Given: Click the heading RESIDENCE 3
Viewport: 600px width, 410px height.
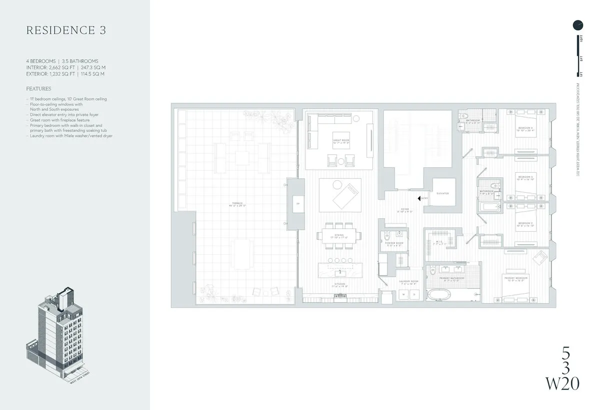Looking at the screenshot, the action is [66, 30].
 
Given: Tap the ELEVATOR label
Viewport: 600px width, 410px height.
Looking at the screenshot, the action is [442, 193].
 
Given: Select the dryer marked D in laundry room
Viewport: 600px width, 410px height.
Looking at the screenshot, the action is [414, 295].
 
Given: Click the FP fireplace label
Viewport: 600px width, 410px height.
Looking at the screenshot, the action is [297, 204].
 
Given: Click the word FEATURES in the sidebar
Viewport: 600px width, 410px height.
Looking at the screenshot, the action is [38, 88].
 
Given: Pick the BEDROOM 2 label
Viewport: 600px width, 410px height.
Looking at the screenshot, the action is [525, 223].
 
